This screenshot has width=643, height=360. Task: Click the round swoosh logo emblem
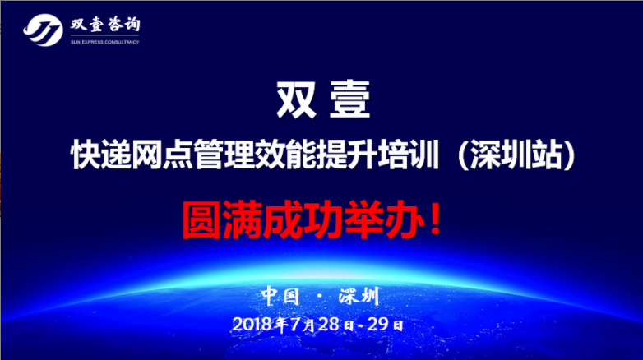click(x=43, y=30)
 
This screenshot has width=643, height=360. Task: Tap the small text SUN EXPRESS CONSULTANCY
click(x=105, y=42)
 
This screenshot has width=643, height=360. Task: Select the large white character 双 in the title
click(x=297, y=99)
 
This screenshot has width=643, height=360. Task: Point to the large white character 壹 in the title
click(x=349, y=99)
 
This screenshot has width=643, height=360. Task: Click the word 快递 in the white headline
click(x=101, y=155)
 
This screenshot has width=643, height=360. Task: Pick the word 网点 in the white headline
click(x=162, y=155)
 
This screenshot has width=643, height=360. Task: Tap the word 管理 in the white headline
click(x=224, y=155)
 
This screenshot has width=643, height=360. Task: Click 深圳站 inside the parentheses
click(x=516, y=155)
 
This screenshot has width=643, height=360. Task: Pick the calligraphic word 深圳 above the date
click(x=359, y=296)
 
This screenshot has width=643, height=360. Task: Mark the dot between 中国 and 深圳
click(x=320, y=297)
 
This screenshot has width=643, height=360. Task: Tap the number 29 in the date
click(x=377, y=325)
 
